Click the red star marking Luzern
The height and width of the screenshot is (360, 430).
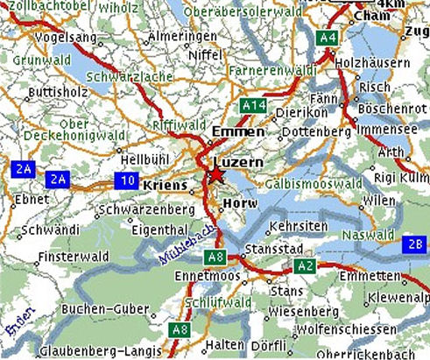pyautogui.click(x=215, y=176)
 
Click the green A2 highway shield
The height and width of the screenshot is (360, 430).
pyautogui.click(x=306, y=265)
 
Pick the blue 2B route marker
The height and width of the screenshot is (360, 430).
pyautogui.click(x=414, y=244)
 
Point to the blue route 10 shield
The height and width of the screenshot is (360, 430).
pyautogui.click(x=127, y=180)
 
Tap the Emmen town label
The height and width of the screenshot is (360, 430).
pyautogui.click(x=237, y=131)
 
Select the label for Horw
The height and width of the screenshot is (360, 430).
pyautogui.click(x=239, y=202)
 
